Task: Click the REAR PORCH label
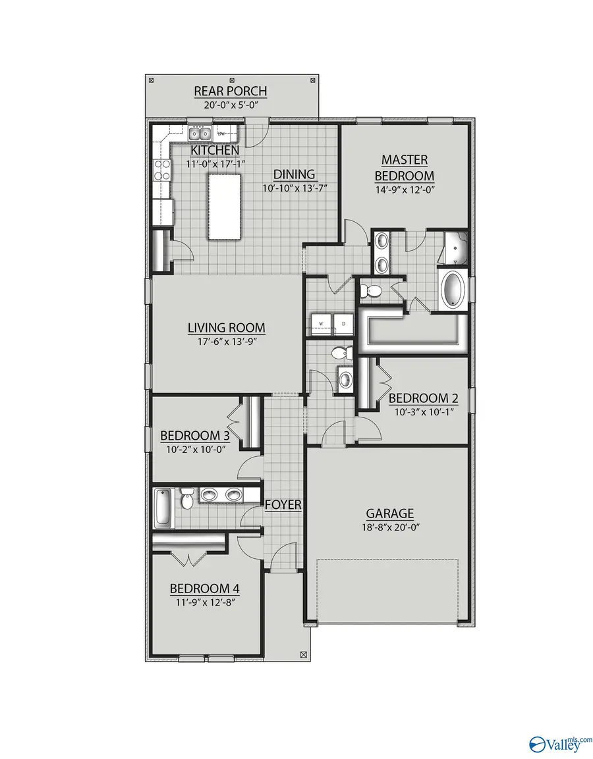[x=230, y=91]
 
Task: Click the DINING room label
[x=295, y=174]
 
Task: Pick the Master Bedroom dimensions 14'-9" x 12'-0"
[x=405, y=190]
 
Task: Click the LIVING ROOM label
[x=226, y=328]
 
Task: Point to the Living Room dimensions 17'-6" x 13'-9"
[x=226, y=342]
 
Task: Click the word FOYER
[x=283, y=506]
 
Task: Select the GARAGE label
[x=390, y=513]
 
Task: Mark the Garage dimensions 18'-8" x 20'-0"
[x=390, y=527]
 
